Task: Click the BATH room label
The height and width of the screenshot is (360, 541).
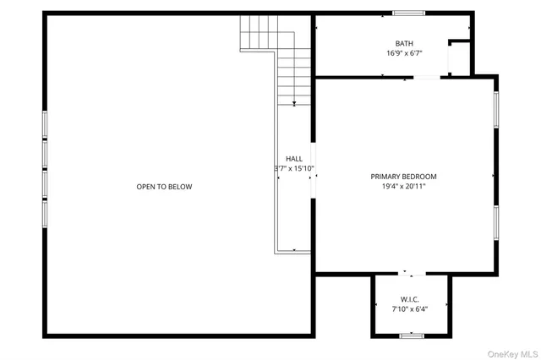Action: click(405, 43)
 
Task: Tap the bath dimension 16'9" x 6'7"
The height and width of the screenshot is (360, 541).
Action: click(405, 53)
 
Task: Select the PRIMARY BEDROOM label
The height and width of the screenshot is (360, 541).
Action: click(403, 177)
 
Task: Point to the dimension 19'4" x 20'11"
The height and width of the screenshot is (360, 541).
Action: click(403, 187)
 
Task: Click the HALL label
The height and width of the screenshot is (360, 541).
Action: click(294, 158)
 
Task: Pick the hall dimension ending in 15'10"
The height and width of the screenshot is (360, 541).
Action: click(294, 168)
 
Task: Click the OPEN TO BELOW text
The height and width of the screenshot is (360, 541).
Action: click(164, 187)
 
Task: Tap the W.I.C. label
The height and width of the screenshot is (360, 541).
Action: click(410, 299)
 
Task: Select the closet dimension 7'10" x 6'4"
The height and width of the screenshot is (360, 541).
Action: click(410, 309)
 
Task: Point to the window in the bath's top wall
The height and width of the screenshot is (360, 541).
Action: click(408, 14)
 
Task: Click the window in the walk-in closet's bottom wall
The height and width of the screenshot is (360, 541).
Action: click(411, 336)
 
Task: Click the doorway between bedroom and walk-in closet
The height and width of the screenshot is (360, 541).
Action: click(412, 273)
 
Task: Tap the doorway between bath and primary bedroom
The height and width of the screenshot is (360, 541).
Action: click(414, 78)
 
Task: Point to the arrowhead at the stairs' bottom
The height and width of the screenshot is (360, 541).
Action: click(294, 103)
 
